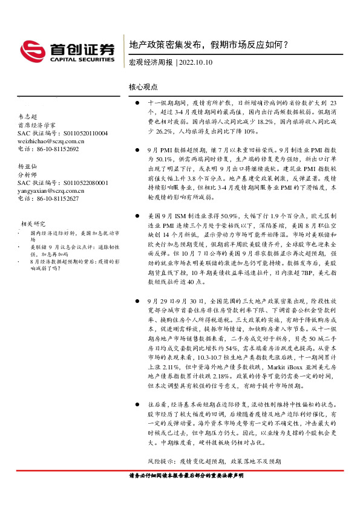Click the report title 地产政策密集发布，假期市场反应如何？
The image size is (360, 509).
(x=209, y=44)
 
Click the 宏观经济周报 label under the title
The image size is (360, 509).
(x=151, y=62)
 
